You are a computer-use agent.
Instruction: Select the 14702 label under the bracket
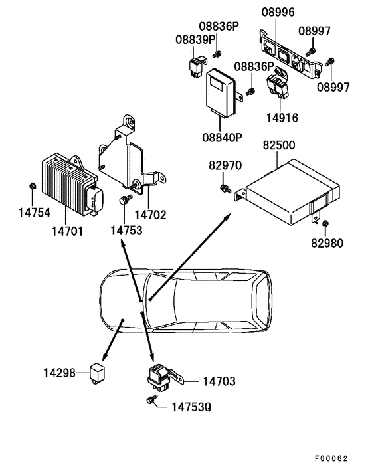tap(150, 215)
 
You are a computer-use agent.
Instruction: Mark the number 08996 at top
tap(277, 12)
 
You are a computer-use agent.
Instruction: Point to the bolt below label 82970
tap(227, 190)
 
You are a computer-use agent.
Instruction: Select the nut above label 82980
tap(326, 223)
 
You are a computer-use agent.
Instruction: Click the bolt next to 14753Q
tap(150, 399)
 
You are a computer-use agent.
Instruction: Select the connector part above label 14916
tap(276, 86)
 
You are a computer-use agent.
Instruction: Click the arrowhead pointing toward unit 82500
tap(229, 217)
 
